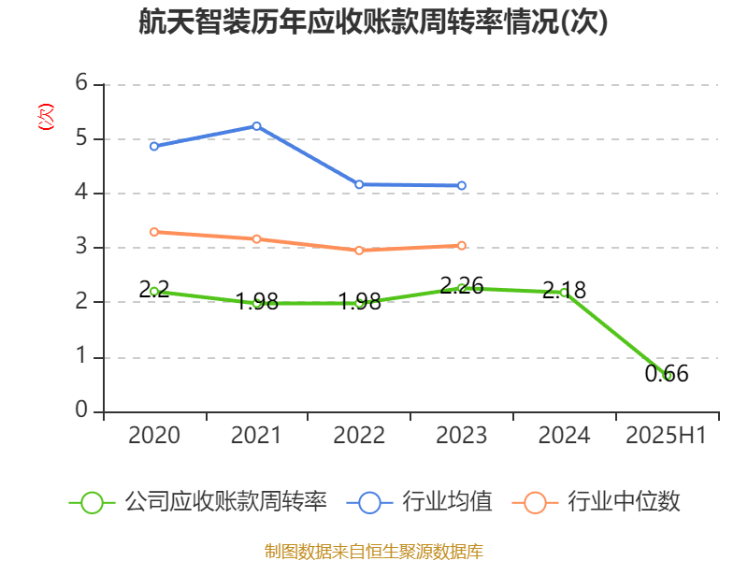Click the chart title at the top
click(373, 23)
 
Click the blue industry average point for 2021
click(256, 125)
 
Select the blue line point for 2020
click(154, 146)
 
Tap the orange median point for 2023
click(462, 246)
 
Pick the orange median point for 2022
click(359, 251)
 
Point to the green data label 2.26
click(462, 285)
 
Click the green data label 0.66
click(667, 374)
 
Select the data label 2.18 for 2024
click(564, 291)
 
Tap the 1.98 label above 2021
click(256, 301)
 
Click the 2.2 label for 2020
click(154, 290)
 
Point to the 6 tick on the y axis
click(82, 84)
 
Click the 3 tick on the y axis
click(82, 248)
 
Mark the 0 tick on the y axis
click(82, 411)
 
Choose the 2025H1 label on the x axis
click(667, 436)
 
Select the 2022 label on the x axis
click(359, 436)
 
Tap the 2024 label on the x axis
click(564, 436)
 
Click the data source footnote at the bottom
click(373, 551)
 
